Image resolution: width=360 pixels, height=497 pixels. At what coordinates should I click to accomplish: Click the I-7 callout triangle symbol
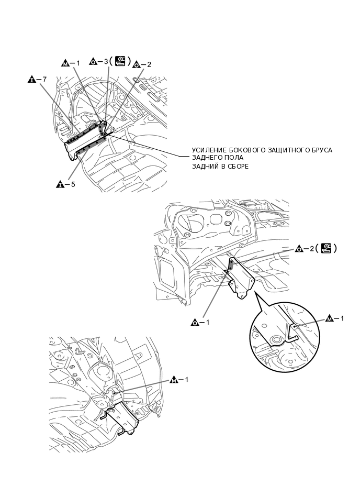pyautogui.click(x=31, y=80)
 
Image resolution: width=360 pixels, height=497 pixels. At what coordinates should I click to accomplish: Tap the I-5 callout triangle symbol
pyautogui.click(x=60, y=184)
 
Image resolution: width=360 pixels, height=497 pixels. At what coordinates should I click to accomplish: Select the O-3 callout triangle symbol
pyautogui.click(x=93, y=62)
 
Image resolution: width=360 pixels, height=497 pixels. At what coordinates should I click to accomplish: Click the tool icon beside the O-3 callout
pyautogui.click(x=120, y=62)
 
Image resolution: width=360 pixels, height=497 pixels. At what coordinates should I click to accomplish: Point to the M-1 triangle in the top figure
pyautogui.click(x=65, y=63)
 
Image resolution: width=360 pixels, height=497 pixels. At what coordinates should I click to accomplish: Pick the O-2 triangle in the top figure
pyautogui.click(x=137, y=65)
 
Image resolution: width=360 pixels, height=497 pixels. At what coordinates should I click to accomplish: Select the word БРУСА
pyautogui.click(x=319, y=150)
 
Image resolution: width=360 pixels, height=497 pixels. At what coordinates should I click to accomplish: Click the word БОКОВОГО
pyautogui.click(x=246, y=150)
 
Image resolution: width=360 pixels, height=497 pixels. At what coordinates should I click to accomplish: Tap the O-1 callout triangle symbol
pyautogui.click(x=194, y=323)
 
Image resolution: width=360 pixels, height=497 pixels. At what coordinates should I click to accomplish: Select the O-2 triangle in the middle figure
pyautogui.click(x=299, y=248)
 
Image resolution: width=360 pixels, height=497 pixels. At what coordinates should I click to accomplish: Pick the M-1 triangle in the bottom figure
pyautogui.click(x=174, y=379)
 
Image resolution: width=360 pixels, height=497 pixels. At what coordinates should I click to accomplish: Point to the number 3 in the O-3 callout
pyautogui.click(x=106, y=62)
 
